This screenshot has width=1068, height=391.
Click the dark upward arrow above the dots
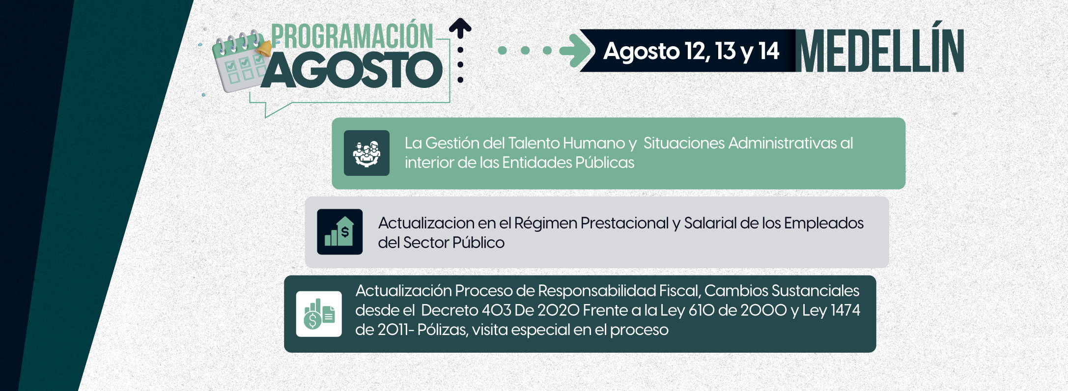pyautogui.click(x=460, y=28)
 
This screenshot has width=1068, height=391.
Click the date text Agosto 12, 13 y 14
pyautogui.click(x=691, y=51)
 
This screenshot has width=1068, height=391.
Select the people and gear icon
pyautogui.click(x=366, y=153)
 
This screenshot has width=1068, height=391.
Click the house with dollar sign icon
pyautogui.click(x=340, y=232)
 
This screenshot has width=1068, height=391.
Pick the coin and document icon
pyautogui.click(x=319, y=314)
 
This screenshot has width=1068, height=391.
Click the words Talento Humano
pyautogui.click(x=566, y=143)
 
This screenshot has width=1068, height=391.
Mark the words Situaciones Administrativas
pyautogui.click(x=748, y=143)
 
